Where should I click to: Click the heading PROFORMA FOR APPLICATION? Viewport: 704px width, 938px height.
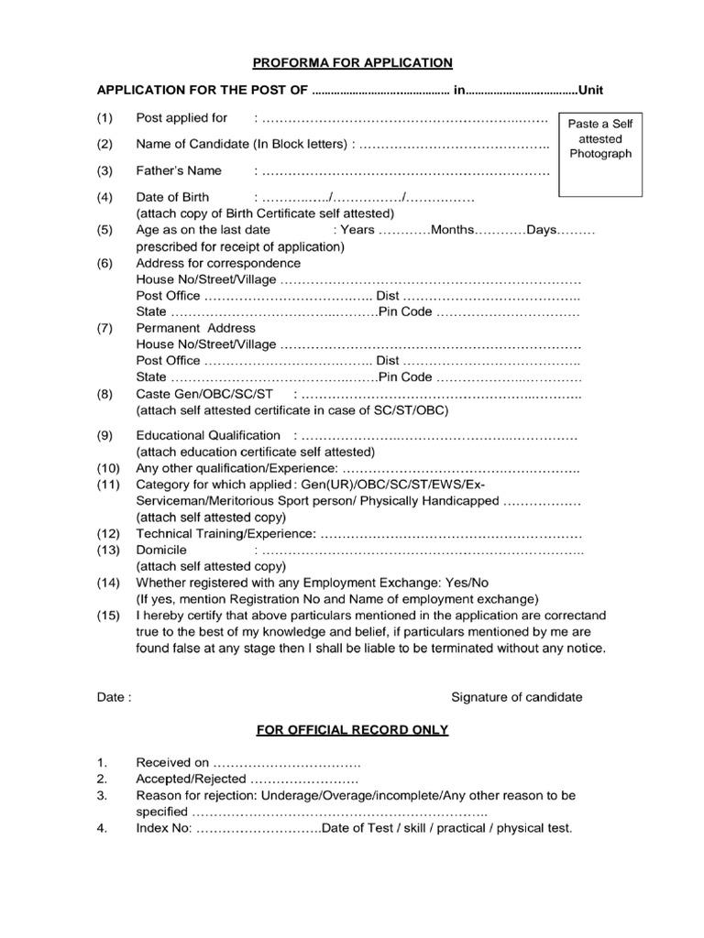[x=353, y=62]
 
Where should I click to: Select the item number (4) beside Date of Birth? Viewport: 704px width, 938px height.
[x=105, y=197]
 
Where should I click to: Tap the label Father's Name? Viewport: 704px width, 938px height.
[x=179, y=170]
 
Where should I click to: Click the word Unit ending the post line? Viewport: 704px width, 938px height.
[x=589, y=91]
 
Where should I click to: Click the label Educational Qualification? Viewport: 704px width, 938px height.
[x=208, y=435]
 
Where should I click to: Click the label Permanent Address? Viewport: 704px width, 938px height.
[x=195, y=328]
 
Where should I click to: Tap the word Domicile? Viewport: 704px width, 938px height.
[x=161, y=550]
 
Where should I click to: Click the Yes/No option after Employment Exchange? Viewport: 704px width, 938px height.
[x=467, y=583]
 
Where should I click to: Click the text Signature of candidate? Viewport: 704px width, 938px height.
[x=516, y=697]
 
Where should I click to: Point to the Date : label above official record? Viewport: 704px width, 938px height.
[x=115, y=697]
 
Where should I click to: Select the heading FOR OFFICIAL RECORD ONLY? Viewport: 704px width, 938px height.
[x=352, y=730]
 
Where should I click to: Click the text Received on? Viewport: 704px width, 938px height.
[x=173, y=762]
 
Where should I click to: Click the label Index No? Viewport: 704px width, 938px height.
[x=164, y=828]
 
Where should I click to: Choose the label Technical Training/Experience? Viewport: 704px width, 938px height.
[x=226, y=533]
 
